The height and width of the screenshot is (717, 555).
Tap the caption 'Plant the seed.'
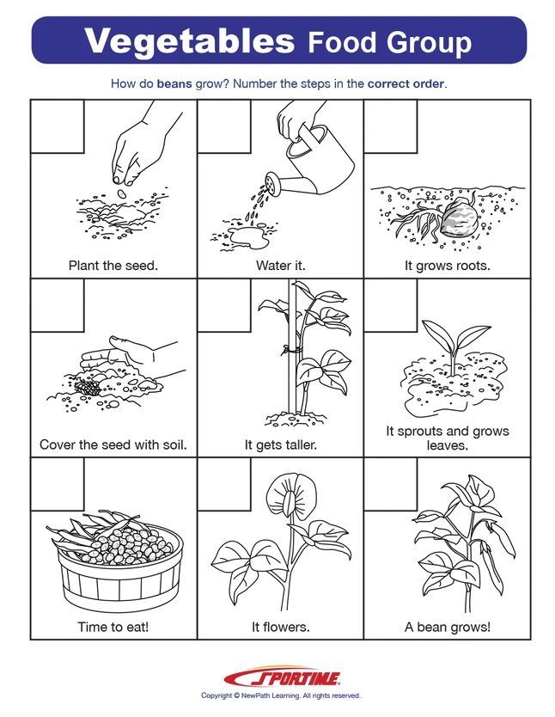(x=113, y=266)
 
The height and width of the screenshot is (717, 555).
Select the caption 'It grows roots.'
(x=447, y=266)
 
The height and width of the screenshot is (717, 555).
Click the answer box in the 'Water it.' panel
(x=224, y=124)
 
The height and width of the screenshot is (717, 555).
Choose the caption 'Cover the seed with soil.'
(x=113, y=445)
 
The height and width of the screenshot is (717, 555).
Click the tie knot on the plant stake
(x=290, y=350)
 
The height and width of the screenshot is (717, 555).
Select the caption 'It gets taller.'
(x=280, y=445)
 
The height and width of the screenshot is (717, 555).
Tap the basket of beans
(x=113, y=560)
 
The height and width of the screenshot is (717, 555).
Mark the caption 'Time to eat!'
(x=113, y=627)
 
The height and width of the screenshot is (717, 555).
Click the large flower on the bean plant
(x=285, y=506)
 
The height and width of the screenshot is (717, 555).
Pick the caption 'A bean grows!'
(x=447, y=627)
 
